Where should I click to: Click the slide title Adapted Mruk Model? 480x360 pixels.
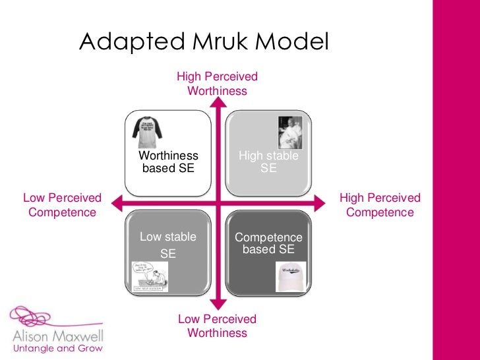point(203,43)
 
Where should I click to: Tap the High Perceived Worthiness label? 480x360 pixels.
point(217,84)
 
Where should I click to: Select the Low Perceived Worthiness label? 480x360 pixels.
point(217,326)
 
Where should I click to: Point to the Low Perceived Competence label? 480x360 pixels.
point(62,205)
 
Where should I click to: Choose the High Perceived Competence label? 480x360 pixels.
point(380,205)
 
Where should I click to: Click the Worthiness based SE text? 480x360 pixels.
point(168,162)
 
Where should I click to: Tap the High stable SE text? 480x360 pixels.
point(268,162)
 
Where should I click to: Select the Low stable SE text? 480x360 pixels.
point(168,245)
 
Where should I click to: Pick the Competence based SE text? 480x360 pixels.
point(268,243)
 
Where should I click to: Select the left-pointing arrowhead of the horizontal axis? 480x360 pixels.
point(116,204)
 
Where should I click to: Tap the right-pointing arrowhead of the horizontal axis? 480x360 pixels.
point(321,204)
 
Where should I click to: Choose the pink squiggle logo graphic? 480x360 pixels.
point(40,316)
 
